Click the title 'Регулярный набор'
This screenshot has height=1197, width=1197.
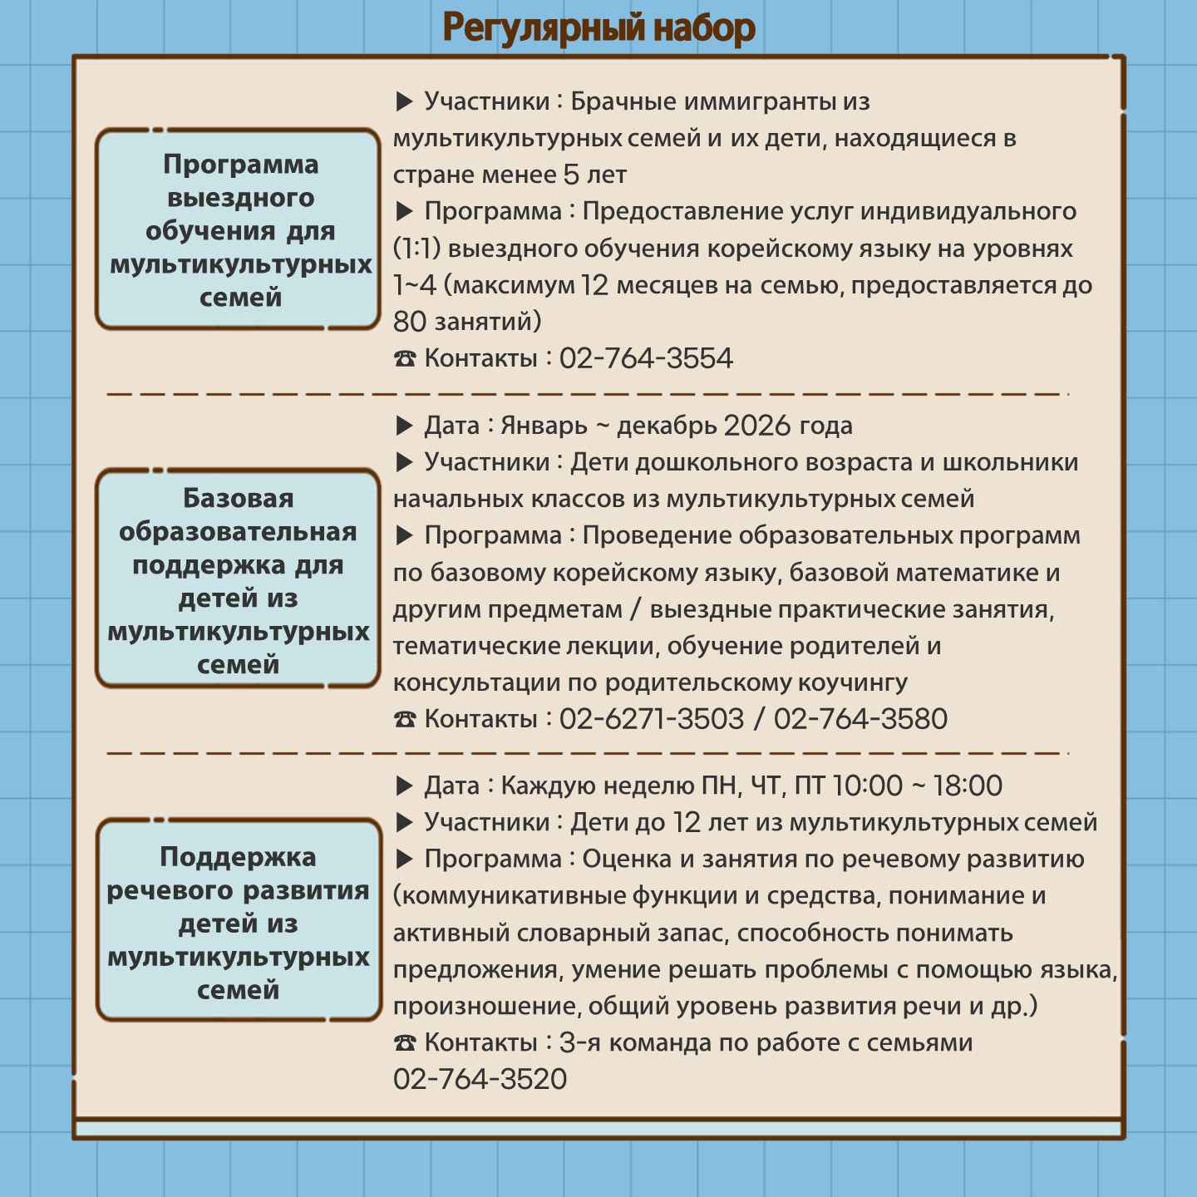click(x=598, y=28)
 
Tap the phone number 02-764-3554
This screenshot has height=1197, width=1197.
click(x=646, y=358)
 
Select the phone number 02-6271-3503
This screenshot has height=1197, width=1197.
click(x=652, y=719)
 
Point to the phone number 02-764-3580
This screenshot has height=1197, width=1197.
click(x=860, y=719)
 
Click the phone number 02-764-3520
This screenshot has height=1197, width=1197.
click(x=480, y=1079)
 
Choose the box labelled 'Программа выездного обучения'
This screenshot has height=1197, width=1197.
click(x=238, y=229)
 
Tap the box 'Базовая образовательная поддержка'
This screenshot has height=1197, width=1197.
click(x=238, y=579)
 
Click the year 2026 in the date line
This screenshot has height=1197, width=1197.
click(x=757, y=426)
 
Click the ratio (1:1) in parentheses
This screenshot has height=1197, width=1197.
click(x=416, y=249)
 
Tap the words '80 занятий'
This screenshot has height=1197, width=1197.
click(x=467, y=322)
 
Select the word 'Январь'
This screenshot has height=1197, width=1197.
click(x=544, y=426)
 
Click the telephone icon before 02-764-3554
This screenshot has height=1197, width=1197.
click(x=404, y=358)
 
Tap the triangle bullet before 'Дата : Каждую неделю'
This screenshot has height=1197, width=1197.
click(x=404, y=786)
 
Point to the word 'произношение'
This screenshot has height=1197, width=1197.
click(x=486, y=1007)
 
